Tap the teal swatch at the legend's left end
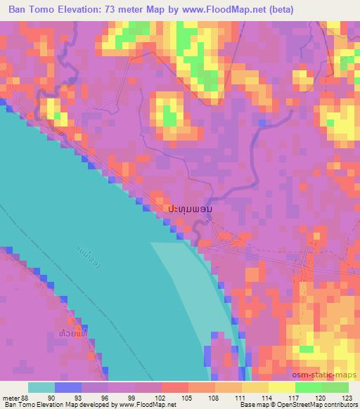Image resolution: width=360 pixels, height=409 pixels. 41,387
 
